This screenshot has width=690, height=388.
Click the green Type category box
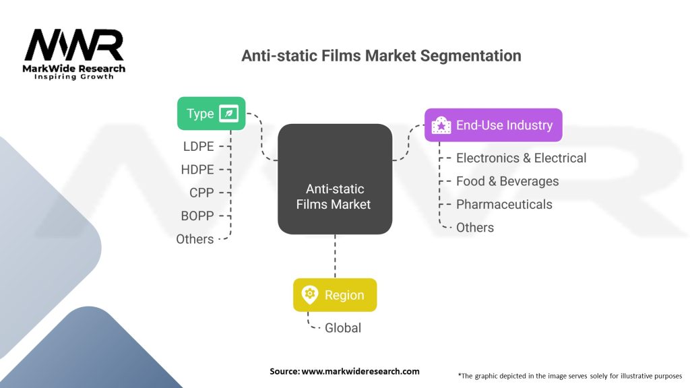click(211, 113)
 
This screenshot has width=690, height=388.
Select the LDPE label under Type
click(199, 146)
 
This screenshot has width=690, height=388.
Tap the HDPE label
click(197, 169)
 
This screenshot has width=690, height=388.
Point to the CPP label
click(201, 193)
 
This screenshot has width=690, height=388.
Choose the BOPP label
click(197, 216)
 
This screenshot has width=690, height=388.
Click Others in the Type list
click(195, 239)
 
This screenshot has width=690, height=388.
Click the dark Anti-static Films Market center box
click(335, 179)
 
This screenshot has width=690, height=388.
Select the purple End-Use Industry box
click(493, 125)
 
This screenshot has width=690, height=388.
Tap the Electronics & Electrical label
click(521, 158)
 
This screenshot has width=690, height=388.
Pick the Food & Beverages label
click(507, 181)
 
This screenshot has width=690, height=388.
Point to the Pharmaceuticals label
click(504, 204)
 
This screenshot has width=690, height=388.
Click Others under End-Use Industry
click(475, 228)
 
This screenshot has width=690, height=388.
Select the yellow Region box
click(335, 295)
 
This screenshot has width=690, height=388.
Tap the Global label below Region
click(343, 328)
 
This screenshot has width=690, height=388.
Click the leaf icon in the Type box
click(229, 113)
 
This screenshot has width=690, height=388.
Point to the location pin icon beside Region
click(310, 295)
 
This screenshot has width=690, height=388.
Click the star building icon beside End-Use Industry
click(441, 125)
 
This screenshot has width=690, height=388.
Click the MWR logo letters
click(74, 45)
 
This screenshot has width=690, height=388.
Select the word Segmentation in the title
click(470, 56)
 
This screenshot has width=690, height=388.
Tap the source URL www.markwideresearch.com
click(360, 371)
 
